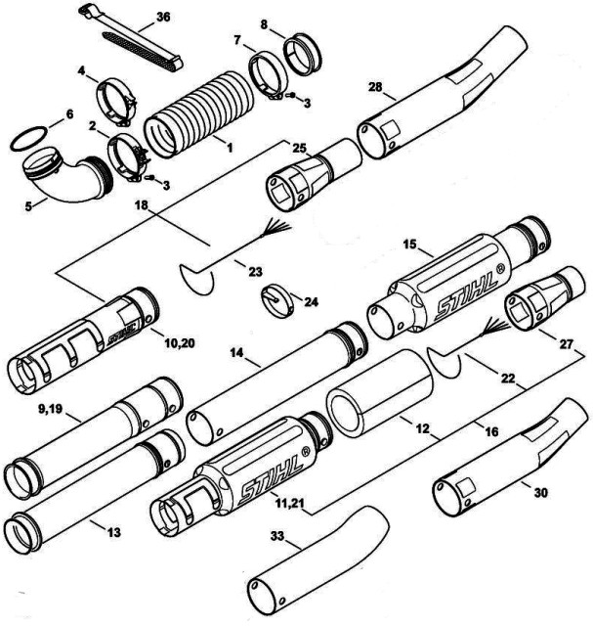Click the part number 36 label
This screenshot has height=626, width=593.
pyautogui.click(x=163, y=18)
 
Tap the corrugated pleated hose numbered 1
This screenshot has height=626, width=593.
pyautogui.click(x=199, y=113)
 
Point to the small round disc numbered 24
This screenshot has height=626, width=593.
pyautogui.click(x=278, y=300)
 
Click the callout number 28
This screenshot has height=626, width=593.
pyautogui.click(x=375, y=87)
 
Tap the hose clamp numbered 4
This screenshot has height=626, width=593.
pyautogui.click(x=116, y=101)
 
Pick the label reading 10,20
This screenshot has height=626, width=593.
pyautogui.click(x=180, y=342)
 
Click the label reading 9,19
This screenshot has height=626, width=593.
pyautogui.click(x=50, y=410)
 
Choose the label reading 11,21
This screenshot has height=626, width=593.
pyautogui.click(x=290, y=503)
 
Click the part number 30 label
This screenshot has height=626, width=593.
pyautogui.click(x=540, y=493)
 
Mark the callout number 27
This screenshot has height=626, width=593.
pyautogui.click(x=566, y=343)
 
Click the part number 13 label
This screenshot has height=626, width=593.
pyautogui.click(x=113, y=532)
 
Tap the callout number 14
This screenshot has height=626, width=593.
pyautogui.click(x=236, y=352)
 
